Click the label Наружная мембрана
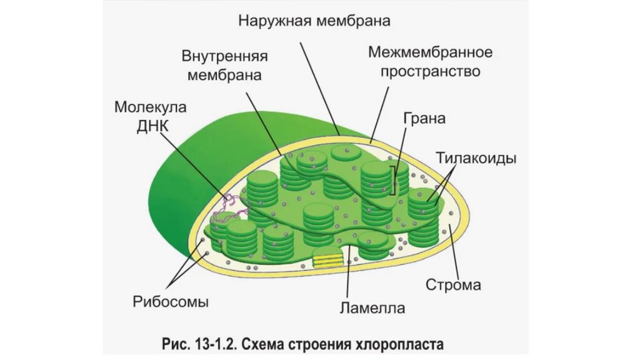point(314,21)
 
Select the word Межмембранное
point(430,51)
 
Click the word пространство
point(424,71)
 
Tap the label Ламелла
point(372,307)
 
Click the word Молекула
point(150,106)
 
